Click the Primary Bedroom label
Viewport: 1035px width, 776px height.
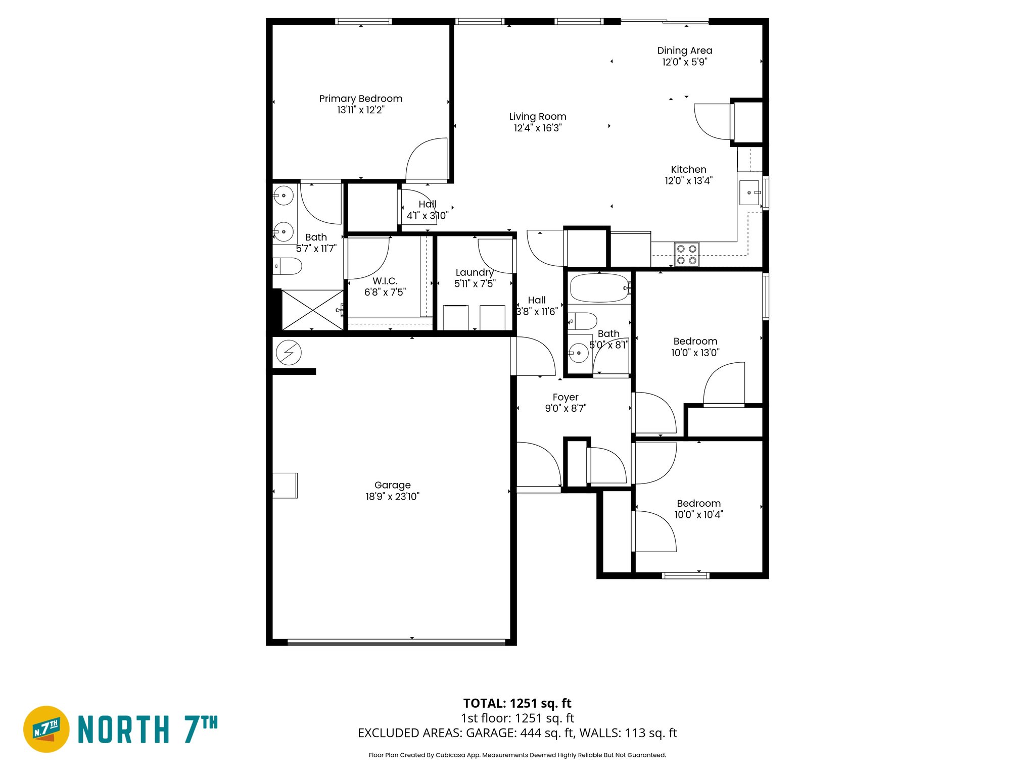pos(360,99)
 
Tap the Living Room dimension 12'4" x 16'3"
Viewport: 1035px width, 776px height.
pos(537,128)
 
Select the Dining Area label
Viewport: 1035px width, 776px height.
pos(684,51)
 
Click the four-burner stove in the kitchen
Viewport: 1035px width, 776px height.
pos(686,255)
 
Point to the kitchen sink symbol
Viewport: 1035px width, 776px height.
pos(749,192)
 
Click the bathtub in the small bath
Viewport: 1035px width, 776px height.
pos(599,288)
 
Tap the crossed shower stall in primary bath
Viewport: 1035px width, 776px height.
pos(312,310)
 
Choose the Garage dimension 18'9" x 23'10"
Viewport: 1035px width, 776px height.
pos(392,497)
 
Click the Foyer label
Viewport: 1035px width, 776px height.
pos(565,397)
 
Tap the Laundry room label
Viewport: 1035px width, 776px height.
pos(474,272)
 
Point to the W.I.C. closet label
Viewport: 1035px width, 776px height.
pos(385,281)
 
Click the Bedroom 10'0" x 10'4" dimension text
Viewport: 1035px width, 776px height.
pos(698,515)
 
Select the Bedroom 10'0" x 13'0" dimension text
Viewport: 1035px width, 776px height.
pos(695,353)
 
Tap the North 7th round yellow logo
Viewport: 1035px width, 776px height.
pos(46,729)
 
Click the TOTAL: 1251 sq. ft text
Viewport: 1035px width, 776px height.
pos(517,703)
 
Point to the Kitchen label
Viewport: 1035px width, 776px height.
pos(688,169)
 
